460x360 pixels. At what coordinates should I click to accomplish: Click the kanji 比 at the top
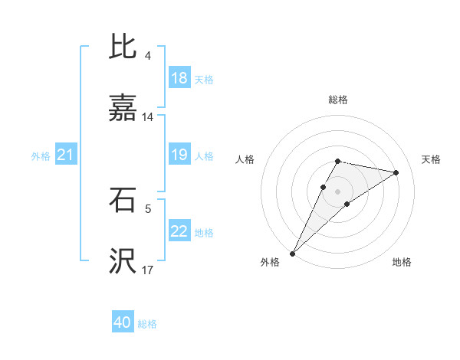[123, 47]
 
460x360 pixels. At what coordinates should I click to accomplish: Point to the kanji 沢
[123, 262]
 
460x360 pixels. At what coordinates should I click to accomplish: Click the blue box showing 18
[179, 78]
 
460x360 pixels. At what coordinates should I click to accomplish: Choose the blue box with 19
[179, 155]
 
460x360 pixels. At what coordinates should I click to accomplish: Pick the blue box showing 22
[179, 232]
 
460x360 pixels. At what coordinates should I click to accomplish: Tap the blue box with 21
[66, 155]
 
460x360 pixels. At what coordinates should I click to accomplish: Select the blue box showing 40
[123, 323]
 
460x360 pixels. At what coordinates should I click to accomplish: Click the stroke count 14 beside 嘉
[148, 117]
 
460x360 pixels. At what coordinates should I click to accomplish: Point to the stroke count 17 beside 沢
[148, 270]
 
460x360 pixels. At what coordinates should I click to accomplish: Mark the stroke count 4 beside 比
[147, 56]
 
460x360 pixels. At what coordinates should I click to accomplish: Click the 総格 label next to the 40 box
[147, 324]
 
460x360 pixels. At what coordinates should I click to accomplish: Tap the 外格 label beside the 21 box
[41, 156]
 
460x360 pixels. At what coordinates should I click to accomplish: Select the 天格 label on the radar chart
[432, 159]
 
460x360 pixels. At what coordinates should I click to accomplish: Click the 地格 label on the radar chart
[402, 262]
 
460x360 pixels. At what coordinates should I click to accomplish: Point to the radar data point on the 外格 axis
[292, 253]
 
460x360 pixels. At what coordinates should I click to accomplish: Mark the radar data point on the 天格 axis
[396, 172]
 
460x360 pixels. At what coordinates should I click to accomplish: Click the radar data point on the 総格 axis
[337, 161]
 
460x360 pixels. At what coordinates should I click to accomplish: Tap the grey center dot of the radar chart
[337, 191]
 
